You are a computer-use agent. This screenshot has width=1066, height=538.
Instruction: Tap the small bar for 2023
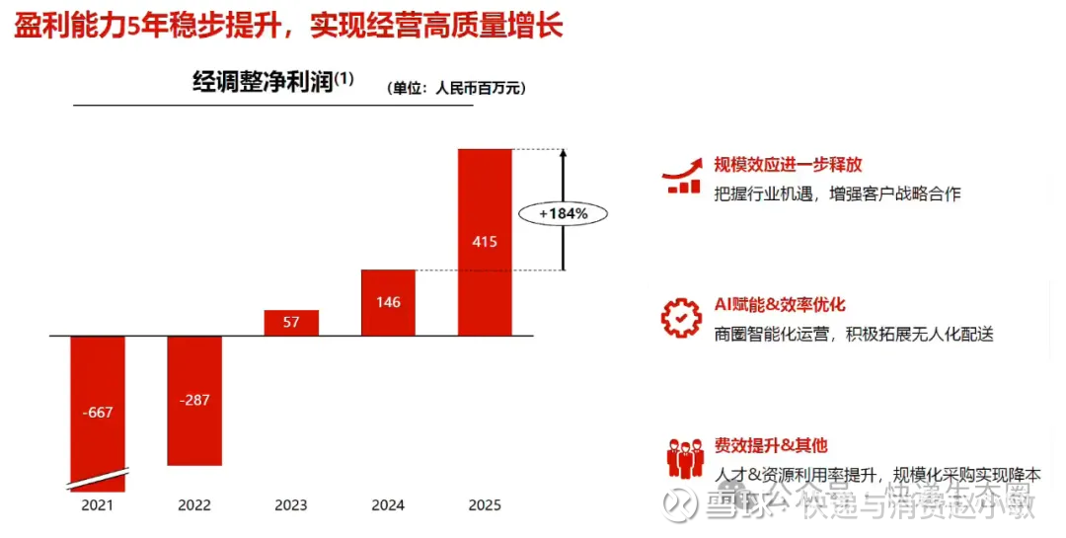[291, 323]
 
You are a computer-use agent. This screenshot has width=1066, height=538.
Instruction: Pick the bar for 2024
[388, 302]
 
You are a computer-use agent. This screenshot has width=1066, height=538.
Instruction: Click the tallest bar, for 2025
[485, 241]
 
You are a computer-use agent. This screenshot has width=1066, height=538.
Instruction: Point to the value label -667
[98, 413]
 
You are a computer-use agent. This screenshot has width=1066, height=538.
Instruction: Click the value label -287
[194, 400]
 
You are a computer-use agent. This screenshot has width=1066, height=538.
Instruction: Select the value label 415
[485, 241]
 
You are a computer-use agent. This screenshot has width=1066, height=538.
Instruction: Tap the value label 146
[388, 302]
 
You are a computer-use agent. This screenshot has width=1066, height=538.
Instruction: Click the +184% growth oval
[564, 212]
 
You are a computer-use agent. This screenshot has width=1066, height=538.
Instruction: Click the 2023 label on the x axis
[291, 505]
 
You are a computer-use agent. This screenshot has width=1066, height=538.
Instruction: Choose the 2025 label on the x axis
[485, 505]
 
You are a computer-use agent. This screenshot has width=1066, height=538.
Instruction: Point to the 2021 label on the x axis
[98, 505]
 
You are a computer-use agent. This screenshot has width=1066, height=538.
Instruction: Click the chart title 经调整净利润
[262, 84]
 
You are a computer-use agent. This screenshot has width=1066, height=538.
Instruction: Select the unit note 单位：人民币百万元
[456, 88]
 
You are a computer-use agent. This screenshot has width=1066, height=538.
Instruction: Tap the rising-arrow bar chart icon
[683, 175]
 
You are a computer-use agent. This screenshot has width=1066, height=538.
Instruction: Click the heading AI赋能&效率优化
[780, 305]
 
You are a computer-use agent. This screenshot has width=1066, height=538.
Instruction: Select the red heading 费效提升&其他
[771, 446]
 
